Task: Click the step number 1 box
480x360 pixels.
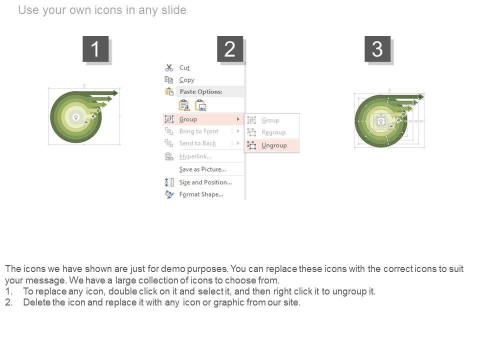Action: click(x=95, y=48)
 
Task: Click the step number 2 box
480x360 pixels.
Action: click(x=230, y=48)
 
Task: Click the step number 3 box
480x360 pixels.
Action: click(x=377, y=48)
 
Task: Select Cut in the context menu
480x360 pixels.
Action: click(x=184, y=67)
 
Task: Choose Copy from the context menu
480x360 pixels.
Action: click(x=186, y=80)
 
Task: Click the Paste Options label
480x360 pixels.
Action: click(x=201, y=91)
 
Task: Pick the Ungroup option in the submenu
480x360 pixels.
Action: click(x=274, y=145)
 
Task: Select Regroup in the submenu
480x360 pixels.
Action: click(x=273, y=132)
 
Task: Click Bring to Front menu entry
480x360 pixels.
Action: click(x=199, y=131)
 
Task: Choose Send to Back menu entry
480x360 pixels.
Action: click(x=197, y=143)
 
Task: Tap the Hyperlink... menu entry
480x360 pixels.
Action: click(x=195, y=156)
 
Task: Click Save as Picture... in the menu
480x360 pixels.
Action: click(x=202, y=169)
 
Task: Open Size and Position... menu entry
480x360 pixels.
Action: click(x=205, y=182)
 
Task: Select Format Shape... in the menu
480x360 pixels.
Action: click(x=201, y=194)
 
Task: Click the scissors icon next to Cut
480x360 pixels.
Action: click(x=169, y=67)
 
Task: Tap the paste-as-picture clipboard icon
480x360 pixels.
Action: click(x=201, y=105)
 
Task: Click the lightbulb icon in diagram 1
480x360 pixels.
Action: click(x=76, y=117)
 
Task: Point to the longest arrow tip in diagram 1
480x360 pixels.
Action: click(x=118, y=93)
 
